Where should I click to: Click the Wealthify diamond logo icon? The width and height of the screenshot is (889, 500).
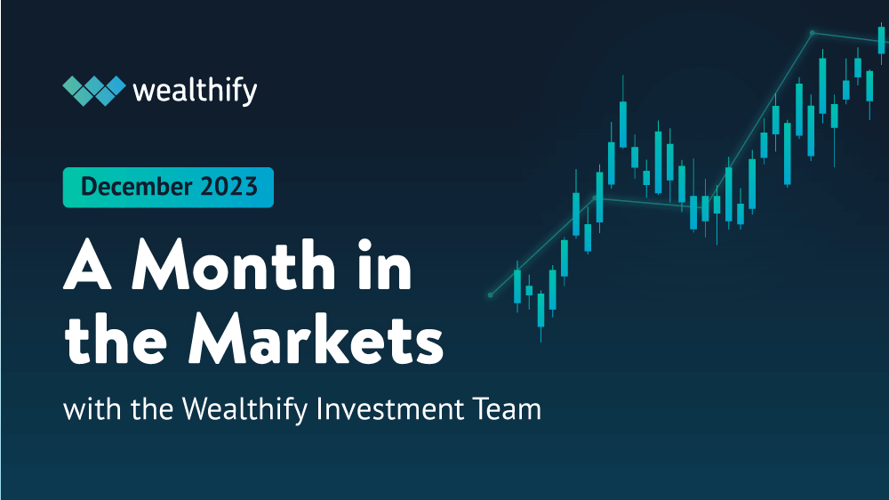coord(92,90)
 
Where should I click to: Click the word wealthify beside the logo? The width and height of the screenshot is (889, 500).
coord(194,90)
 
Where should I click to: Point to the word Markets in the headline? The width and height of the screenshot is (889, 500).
coord(319,342)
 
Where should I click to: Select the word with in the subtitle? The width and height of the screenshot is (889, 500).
coord(84,410)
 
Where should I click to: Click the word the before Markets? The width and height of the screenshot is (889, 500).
coord(118,342)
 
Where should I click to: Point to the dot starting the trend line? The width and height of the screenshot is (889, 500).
coord(490,294)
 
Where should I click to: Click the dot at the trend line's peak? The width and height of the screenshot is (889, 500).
coord(813,33)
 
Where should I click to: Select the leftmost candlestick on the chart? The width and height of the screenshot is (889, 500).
coord(517,286)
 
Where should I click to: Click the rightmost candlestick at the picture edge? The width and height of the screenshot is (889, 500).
coord(881,40)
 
